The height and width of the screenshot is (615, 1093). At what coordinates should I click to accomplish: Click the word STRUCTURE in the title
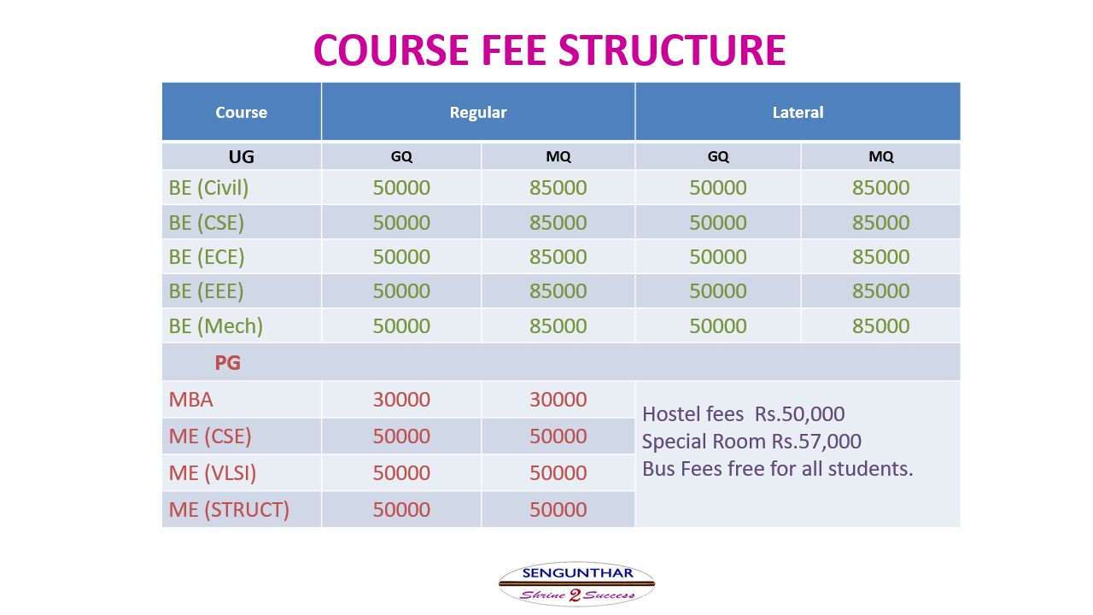(672, 50)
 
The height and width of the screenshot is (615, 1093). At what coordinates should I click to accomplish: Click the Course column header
(242, 112)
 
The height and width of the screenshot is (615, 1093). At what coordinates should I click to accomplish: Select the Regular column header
(478, 112)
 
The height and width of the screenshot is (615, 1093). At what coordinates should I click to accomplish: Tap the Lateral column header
(798, 112)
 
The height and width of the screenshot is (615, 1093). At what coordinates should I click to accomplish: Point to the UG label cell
(242, 156)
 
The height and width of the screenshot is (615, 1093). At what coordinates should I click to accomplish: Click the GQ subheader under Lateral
(718, 156)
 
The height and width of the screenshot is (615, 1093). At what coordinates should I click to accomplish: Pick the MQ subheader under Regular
(558, 156)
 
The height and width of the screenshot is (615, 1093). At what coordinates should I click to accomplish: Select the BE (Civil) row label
(208, 188)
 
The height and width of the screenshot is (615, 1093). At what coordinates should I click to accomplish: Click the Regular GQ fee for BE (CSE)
(401, 223)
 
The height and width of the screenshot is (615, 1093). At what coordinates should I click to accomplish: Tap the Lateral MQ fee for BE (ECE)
(880, 257)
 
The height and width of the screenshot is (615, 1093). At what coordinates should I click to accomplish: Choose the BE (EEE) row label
(206, 291)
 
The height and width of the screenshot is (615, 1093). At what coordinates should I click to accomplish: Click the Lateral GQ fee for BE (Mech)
(718, 326)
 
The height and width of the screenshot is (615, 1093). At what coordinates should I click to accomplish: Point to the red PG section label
(227, 363)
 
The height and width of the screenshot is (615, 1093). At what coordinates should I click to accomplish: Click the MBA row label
(190, 400)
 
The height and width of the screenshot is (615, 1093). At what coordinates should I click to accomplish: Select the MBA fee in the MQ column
(558, 400)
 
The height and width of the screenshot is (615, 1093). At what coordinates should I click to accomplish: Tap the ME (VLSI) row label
(213, 473)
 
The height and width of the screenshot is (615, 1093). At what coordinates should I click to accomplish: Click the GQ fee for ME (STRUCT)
(401, 510)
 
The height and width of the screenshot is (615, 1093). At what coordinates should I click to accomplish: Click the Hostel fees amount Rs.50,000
(799, 414)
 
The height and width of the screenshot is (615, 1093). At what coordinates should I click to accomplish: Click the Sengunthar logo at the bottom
(576, 583)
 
